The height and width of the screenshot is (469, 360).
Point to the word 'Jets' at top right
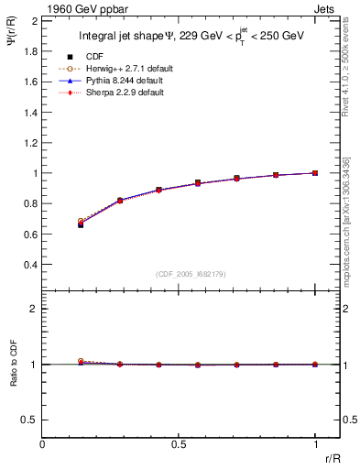tap(326, 6)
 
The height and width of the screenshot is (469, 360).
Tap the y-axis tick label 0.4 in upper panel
tap(30, 265)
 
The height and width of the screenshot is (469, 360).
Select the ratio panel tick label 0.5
tap(30, 420)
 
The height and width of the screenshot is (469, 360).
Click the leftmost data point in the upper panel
tap(81, 224)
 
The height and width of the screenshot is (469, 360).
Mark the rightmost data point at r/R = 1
tap(315, 172)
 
